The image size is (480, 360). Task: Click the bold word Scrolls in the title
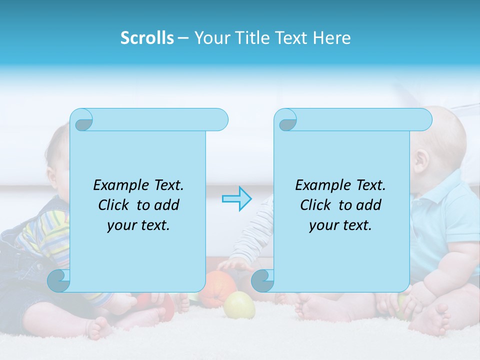147,38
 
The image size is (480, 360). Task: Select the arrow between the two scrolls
236,198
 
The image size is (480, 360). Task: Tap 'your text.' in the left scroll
138,225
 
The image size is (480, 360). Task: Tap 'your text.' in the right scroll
340,225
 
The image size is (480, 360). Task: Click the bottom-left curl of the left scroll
59,281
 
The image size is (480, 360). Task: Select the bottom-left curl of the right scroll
262,281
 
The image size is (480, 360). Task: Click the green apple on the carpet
239,305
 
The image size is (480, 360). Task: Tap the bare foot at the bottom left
100,328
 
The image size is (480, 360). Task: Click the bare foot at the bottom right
435,320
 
